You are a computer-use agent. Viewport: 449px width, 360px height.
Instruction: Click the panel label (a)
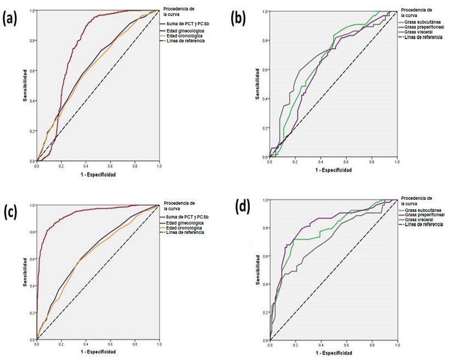[12, 20]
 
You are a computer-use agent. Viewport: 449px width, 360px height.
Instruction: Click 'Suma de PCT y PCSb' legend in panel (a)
[184, 24]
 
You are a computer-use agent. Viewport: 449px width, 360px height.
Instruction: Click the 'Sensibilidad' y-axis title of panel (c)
[25, 272]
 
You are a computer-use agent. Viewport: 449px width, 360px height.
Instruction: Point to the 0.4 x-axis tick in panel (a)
[85, 165]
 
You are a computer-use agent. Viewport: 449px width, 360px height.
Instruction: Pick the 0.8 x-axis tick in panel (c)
[134, 345]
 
